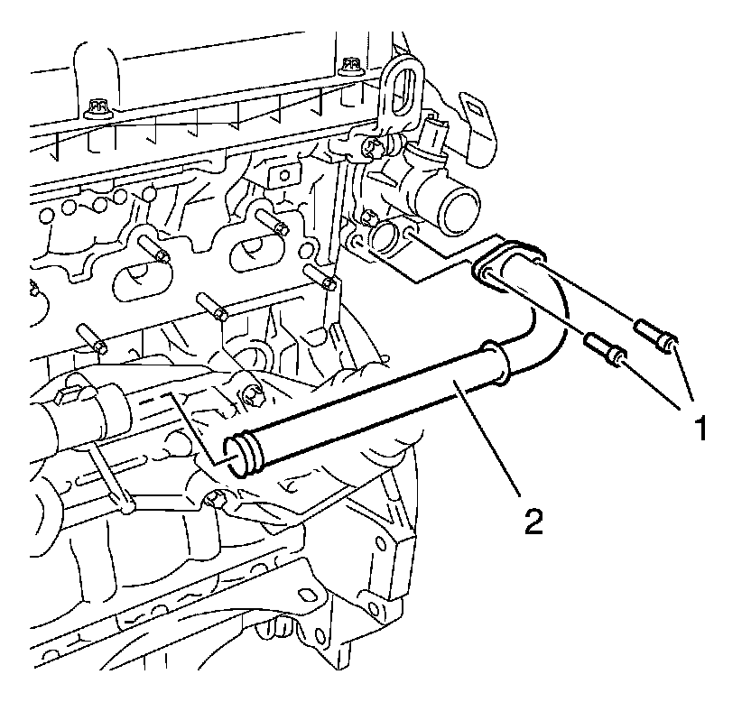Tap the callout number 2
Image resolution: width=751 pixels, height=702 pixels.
[535, 521]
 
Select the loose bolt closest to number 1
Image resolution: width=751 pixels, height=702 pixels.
[656, 340]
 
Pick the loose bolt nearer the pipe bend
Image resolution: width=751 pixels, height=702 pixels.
[604, 350]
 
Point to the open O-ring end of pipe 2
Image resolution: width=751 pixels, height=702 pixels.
[239, 450]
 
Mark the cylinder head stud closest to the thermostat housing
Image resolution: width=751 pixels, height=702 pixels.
[323, 276]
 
